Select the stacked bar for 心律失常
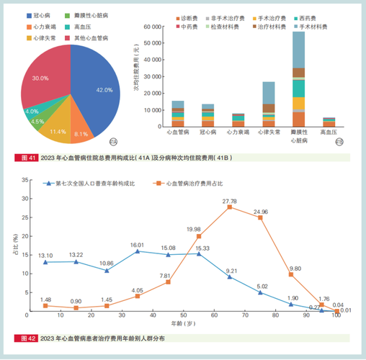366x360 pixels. pyautogui.click(x=268, y=104)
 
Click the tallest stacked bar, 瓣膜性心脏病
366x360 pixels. pyautogui.click(x=298, y=79)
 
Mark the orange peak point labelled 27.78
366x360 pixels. pyautogui.click(x=229, y=207)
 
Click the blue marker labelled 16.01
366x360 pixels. pyautogui.click(x=138, y=251)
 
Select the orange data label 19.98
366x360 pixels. pyautogui.click(x=193, y=229)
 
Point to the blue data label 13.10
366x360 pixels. pyautogui.click(x=45, y=255)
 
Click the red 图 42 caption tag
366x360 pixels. pyautogui.click(x=27, y=338)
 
